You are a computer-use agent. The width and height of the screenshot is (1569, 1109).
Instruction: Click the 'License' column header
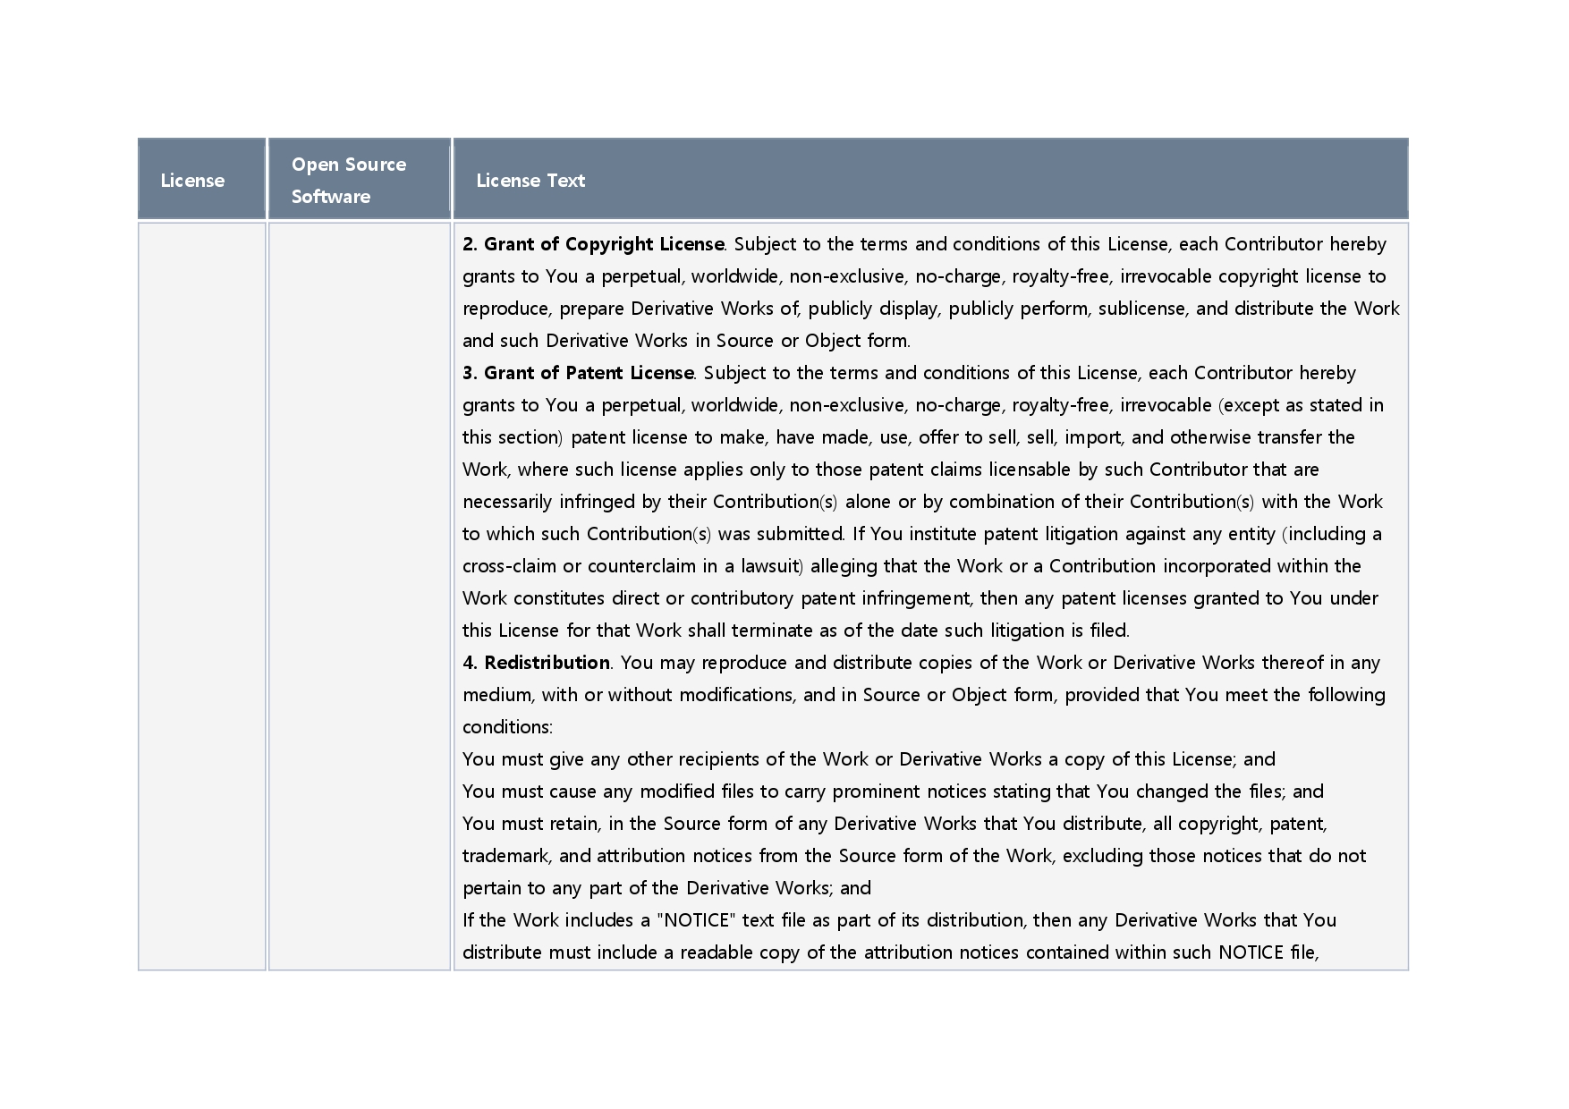click(192, 181)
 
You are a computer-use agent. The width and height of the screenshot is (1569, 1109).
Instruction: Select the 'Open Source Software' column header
click(349, 180)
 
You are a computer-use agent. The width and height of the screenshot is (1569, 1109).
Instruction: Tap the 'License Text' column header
click(530, 181)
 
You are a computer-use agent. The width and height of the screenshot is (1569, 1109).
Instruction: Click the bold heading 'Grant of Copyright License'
click(603, 244)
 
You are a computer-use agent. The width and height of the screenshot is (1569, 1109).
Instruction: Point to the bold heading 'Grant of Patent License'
click(589, 373)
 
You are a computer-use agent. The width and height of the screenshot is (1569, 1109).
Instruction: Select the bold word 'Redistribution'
click(547, 663)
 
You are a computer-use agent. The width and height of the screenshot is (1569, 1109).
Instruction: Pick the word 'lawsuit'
click(770, 566)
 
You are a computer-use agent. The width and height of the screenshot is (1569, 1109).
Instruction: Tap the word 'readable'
click(717, 952)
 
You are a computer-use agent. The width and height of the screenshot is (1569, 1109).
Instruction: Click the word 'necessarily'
click(507, 502)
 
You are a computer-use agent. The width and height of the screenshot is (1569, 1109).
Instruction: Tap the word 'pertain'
click(490, 888)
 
